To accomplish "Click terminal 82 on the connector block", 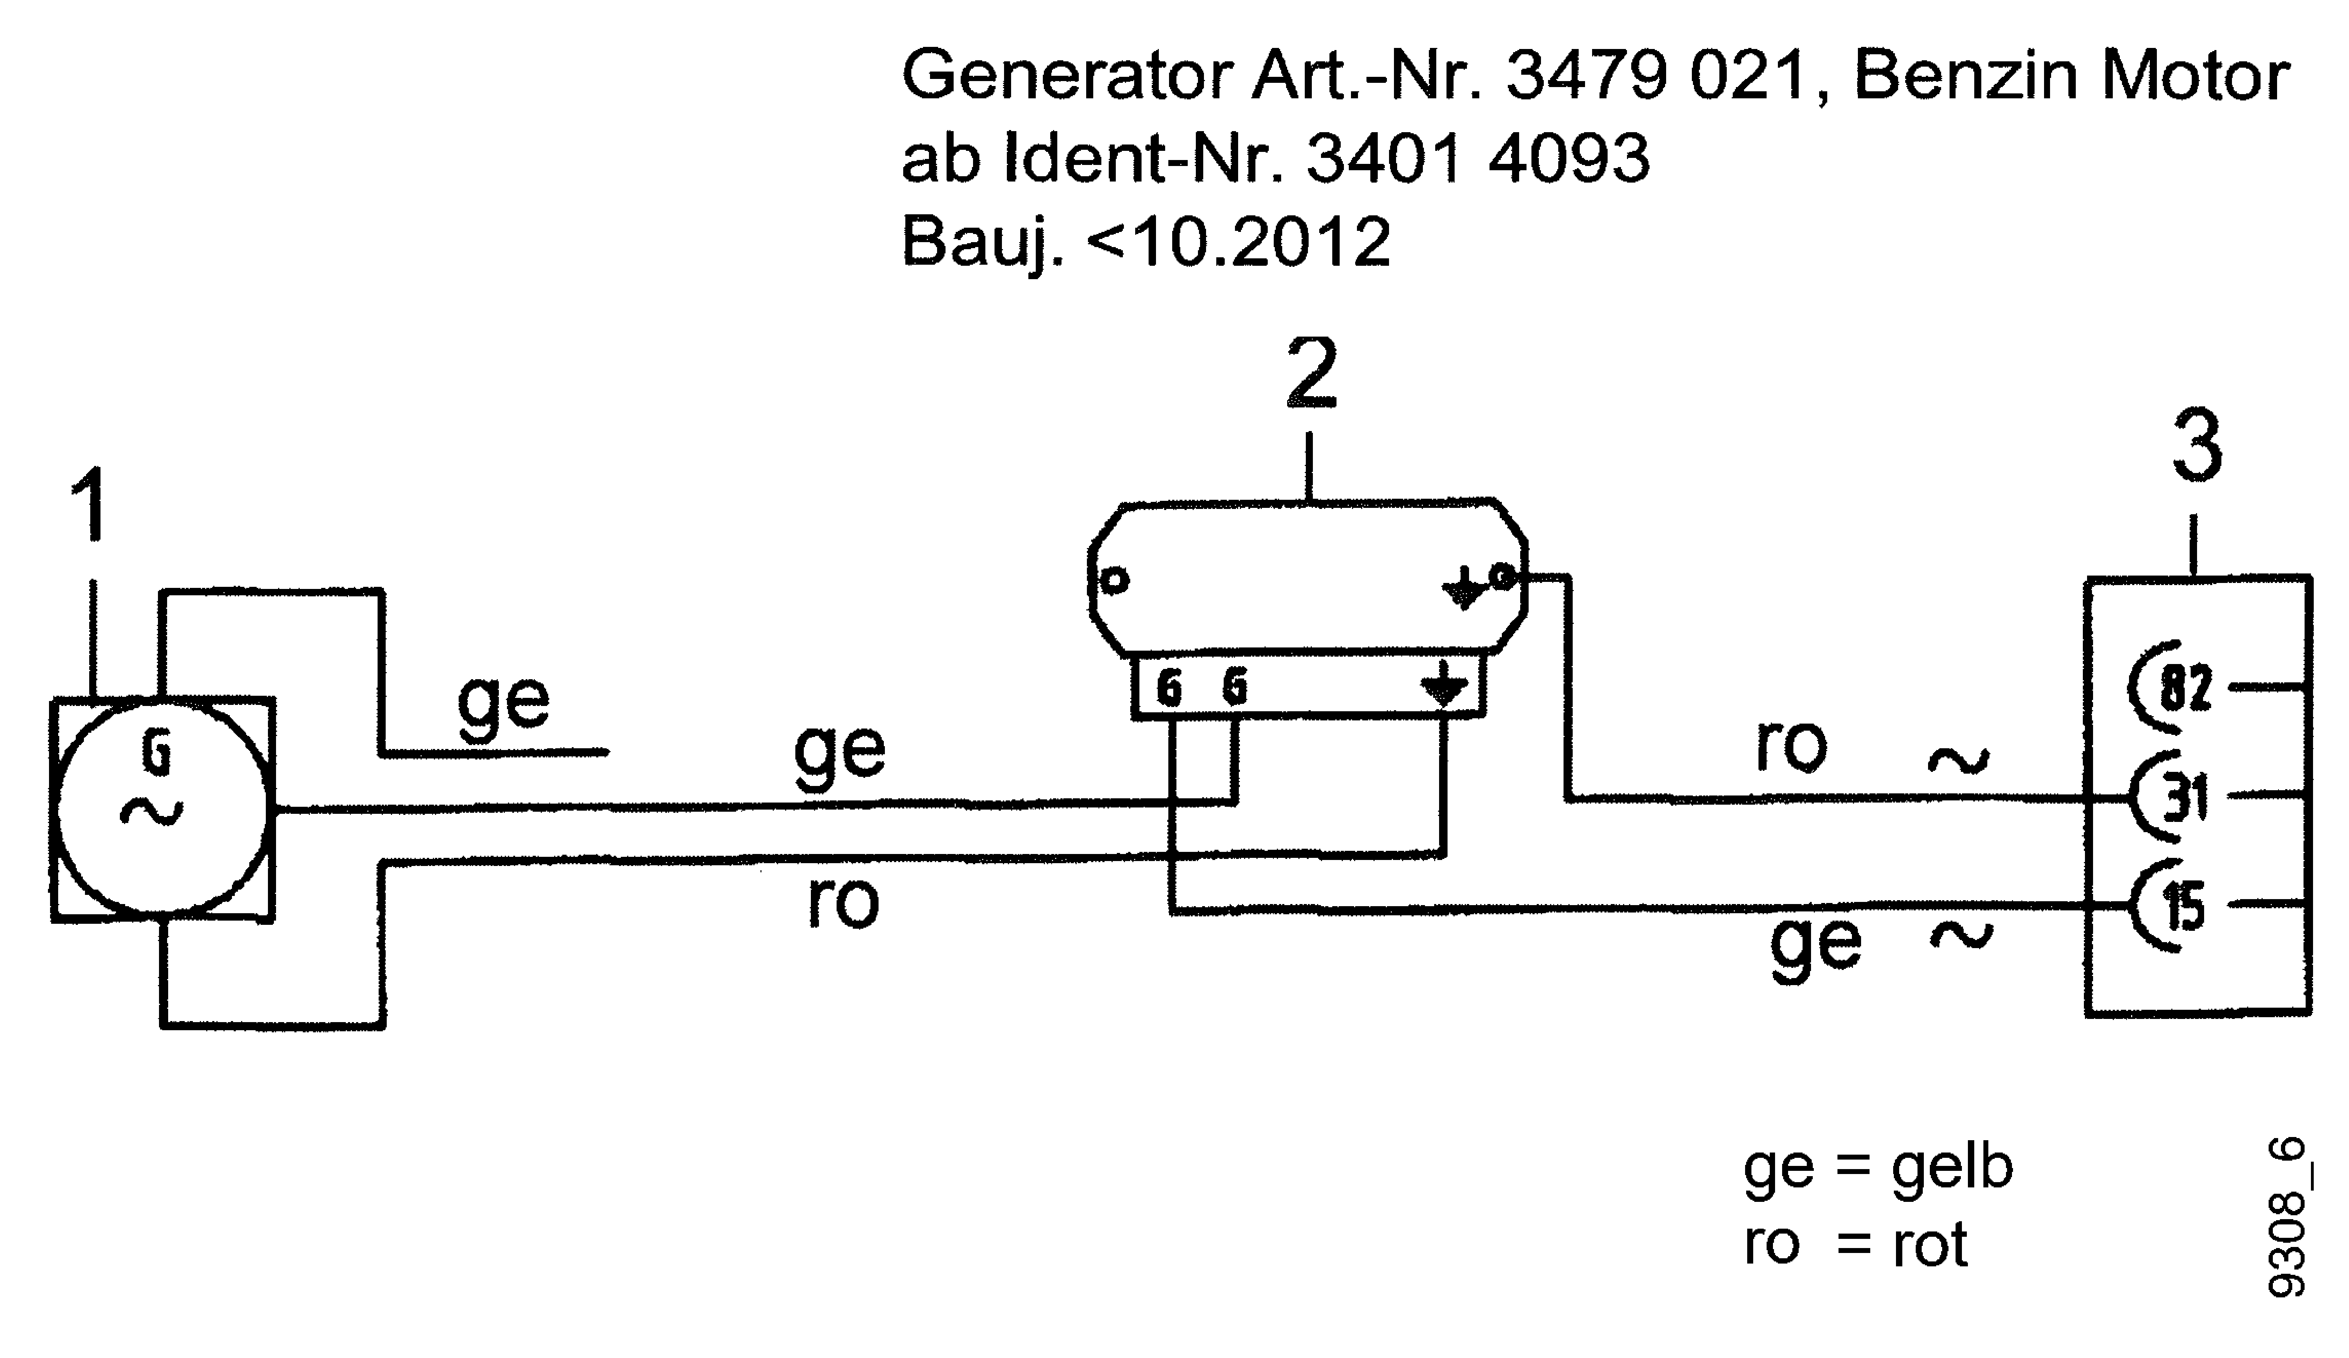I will [2184, 690].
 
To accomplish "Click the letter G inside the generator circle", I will [157, 753].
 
